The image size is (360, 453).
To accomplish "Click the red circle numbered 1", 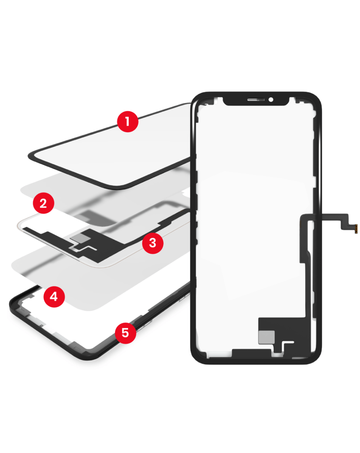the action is click(x=127, y=122).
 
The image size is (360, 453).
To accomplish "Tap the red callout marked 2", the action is click(x=43, y=203).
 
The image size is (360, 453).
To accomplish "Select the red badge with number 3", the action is click(x=153, y=243).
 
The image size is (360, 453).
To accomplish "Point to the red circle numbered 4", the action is click(x=54, y=297).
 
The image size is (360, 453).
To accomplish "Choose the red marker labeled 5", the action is click(x=125, y=333).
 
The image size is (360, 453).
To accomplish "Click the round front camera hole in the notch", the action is click(x=271, y=100).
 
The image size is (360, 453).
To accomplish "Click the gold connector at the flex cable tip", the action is click(x=356, y=229).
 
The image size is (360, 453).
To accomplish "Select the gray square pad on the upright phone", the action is click(x=266, y=337).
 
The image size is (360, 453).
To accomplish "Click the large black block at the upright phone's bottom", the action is click(x=282, y=328).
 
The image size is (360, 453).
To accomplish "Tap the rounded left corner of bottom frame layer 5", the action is click(x=12, y=305).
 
